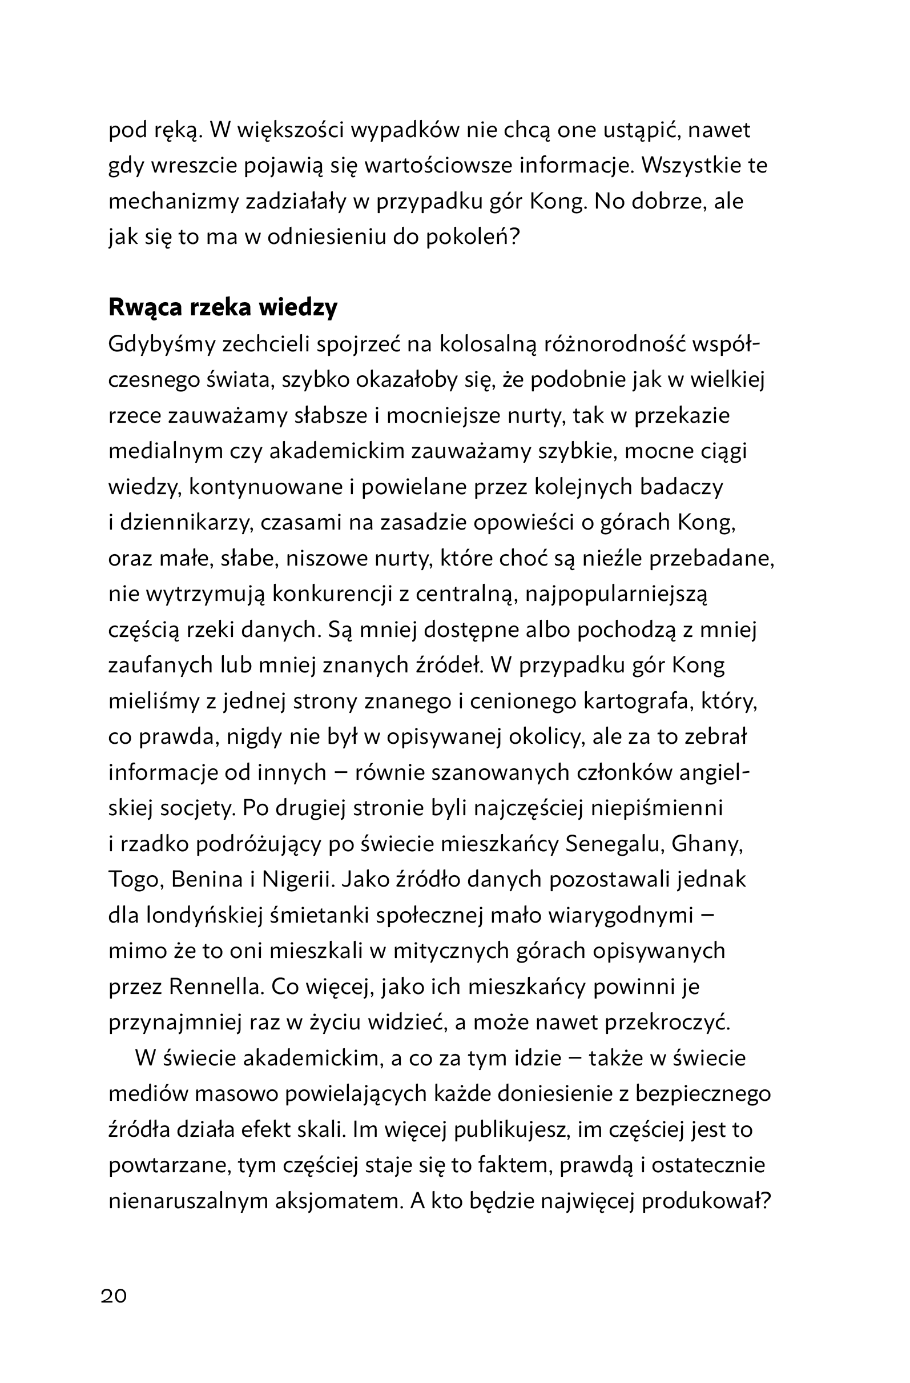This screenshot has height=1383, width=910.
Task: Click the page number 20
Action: coord(114,1296)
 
